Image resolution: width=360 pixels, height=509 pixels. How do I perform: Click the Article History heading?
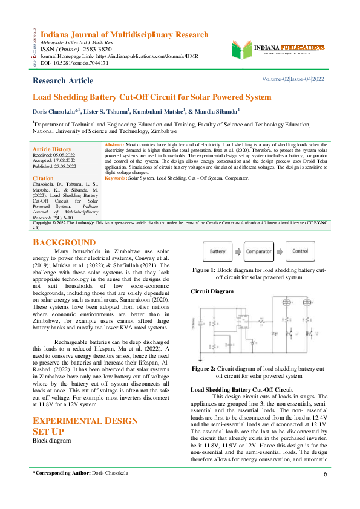(51, 149)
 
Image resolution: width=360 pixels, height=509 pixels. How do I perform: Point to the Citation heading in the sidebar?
(43, 179)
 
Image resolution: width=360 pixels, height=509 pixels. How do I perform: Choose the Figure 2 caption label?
(204, 368)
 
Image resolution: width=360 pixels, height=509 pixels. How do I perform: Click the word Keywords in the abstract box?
(116, 178)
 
